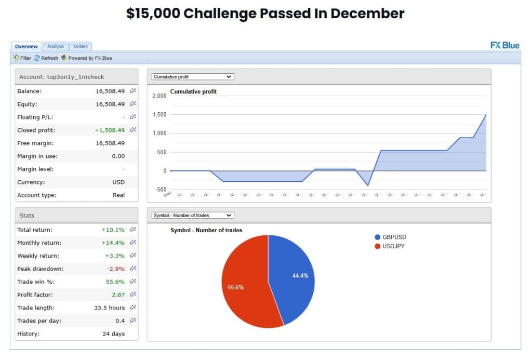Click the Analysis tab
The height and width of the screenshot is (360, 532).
pos(55,46)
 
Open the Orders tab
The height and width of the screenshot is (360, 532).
pos(81,46)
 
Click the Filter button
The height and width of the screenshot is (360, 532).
pos(22,58)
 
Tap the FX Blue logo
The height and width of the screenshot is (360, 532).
pos(504,45)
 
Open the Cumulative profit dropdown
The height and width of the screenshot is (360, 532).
pos(193,77)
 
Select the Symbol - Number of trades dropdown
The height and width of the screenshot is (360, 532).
pos(193,215)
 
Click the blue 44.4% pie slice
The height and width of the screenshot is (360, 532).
pos(294,275)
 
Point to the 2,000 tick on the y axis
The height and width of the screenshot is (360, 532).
pos(159,96)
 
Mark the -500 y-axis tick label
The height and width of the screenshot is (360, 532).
pos(160,190)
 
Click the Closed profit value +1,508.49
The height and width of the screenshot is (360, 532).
pos(110,130)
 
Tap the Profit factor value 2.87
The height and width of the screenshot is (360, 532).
pos(117,295)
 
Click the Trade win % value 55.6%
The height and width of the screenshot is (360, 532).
pos(114,282)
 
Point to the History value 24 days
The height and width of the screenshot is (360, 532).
pos(113,334)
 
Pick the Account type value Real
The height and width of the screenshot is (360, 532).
pos(118,195)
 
